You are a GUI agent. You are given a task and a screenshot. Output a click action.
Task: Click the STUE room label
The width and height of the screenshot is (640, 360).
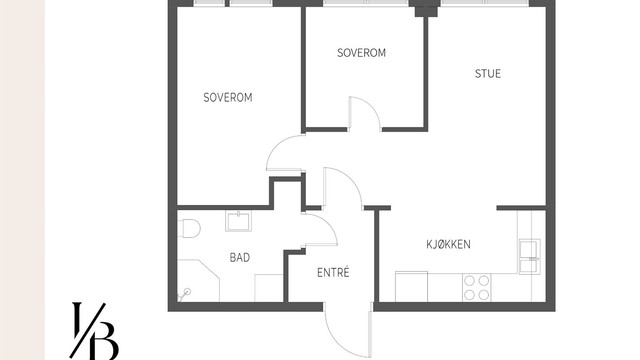pyautogui.click(x=488, y=73)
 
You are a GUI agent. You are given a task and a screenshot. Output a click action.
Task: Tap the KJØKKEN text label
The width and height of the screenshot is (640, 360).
pyautogui.click(x=448, y=244)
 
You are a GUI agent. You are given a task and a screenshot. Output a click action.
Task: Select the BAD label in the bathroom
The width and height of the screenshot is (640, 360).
pyautogui.click(x=240, y=258)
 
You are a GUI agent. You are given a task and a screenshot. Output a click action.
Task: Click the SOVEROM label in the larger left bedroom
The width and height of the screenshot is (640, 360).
pyautogui.click(x=227, y=98)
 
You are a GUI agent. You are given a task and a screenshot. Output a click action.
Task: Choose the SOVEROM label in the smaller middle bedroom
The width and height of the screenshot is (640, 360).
pyautogui.click(x=361, y=53)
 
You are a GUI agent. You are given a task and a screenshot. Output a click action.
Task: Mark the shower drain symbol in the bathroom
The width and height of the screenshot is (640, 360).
pyautogui.click(x=187, y=293)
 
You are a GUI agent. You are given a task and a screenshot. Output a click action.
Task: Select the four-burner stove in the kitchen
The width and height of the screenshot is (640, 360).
pyautogui.click(x=477, y=287)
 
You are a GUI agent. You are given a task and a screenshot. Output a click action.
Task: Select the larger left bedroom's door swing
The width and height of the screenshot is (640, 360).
pyautogui.click(x=284, y=155)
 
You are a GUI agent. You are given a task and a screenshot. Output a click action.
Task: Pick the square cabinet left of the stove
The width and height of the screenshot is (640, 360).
pyautogui.click(x=410, y=286)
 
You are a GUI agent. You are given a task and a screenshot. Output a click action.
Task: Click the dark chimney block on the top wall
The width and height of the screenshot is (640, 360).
pyautogui.click(x=427, y=11)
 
